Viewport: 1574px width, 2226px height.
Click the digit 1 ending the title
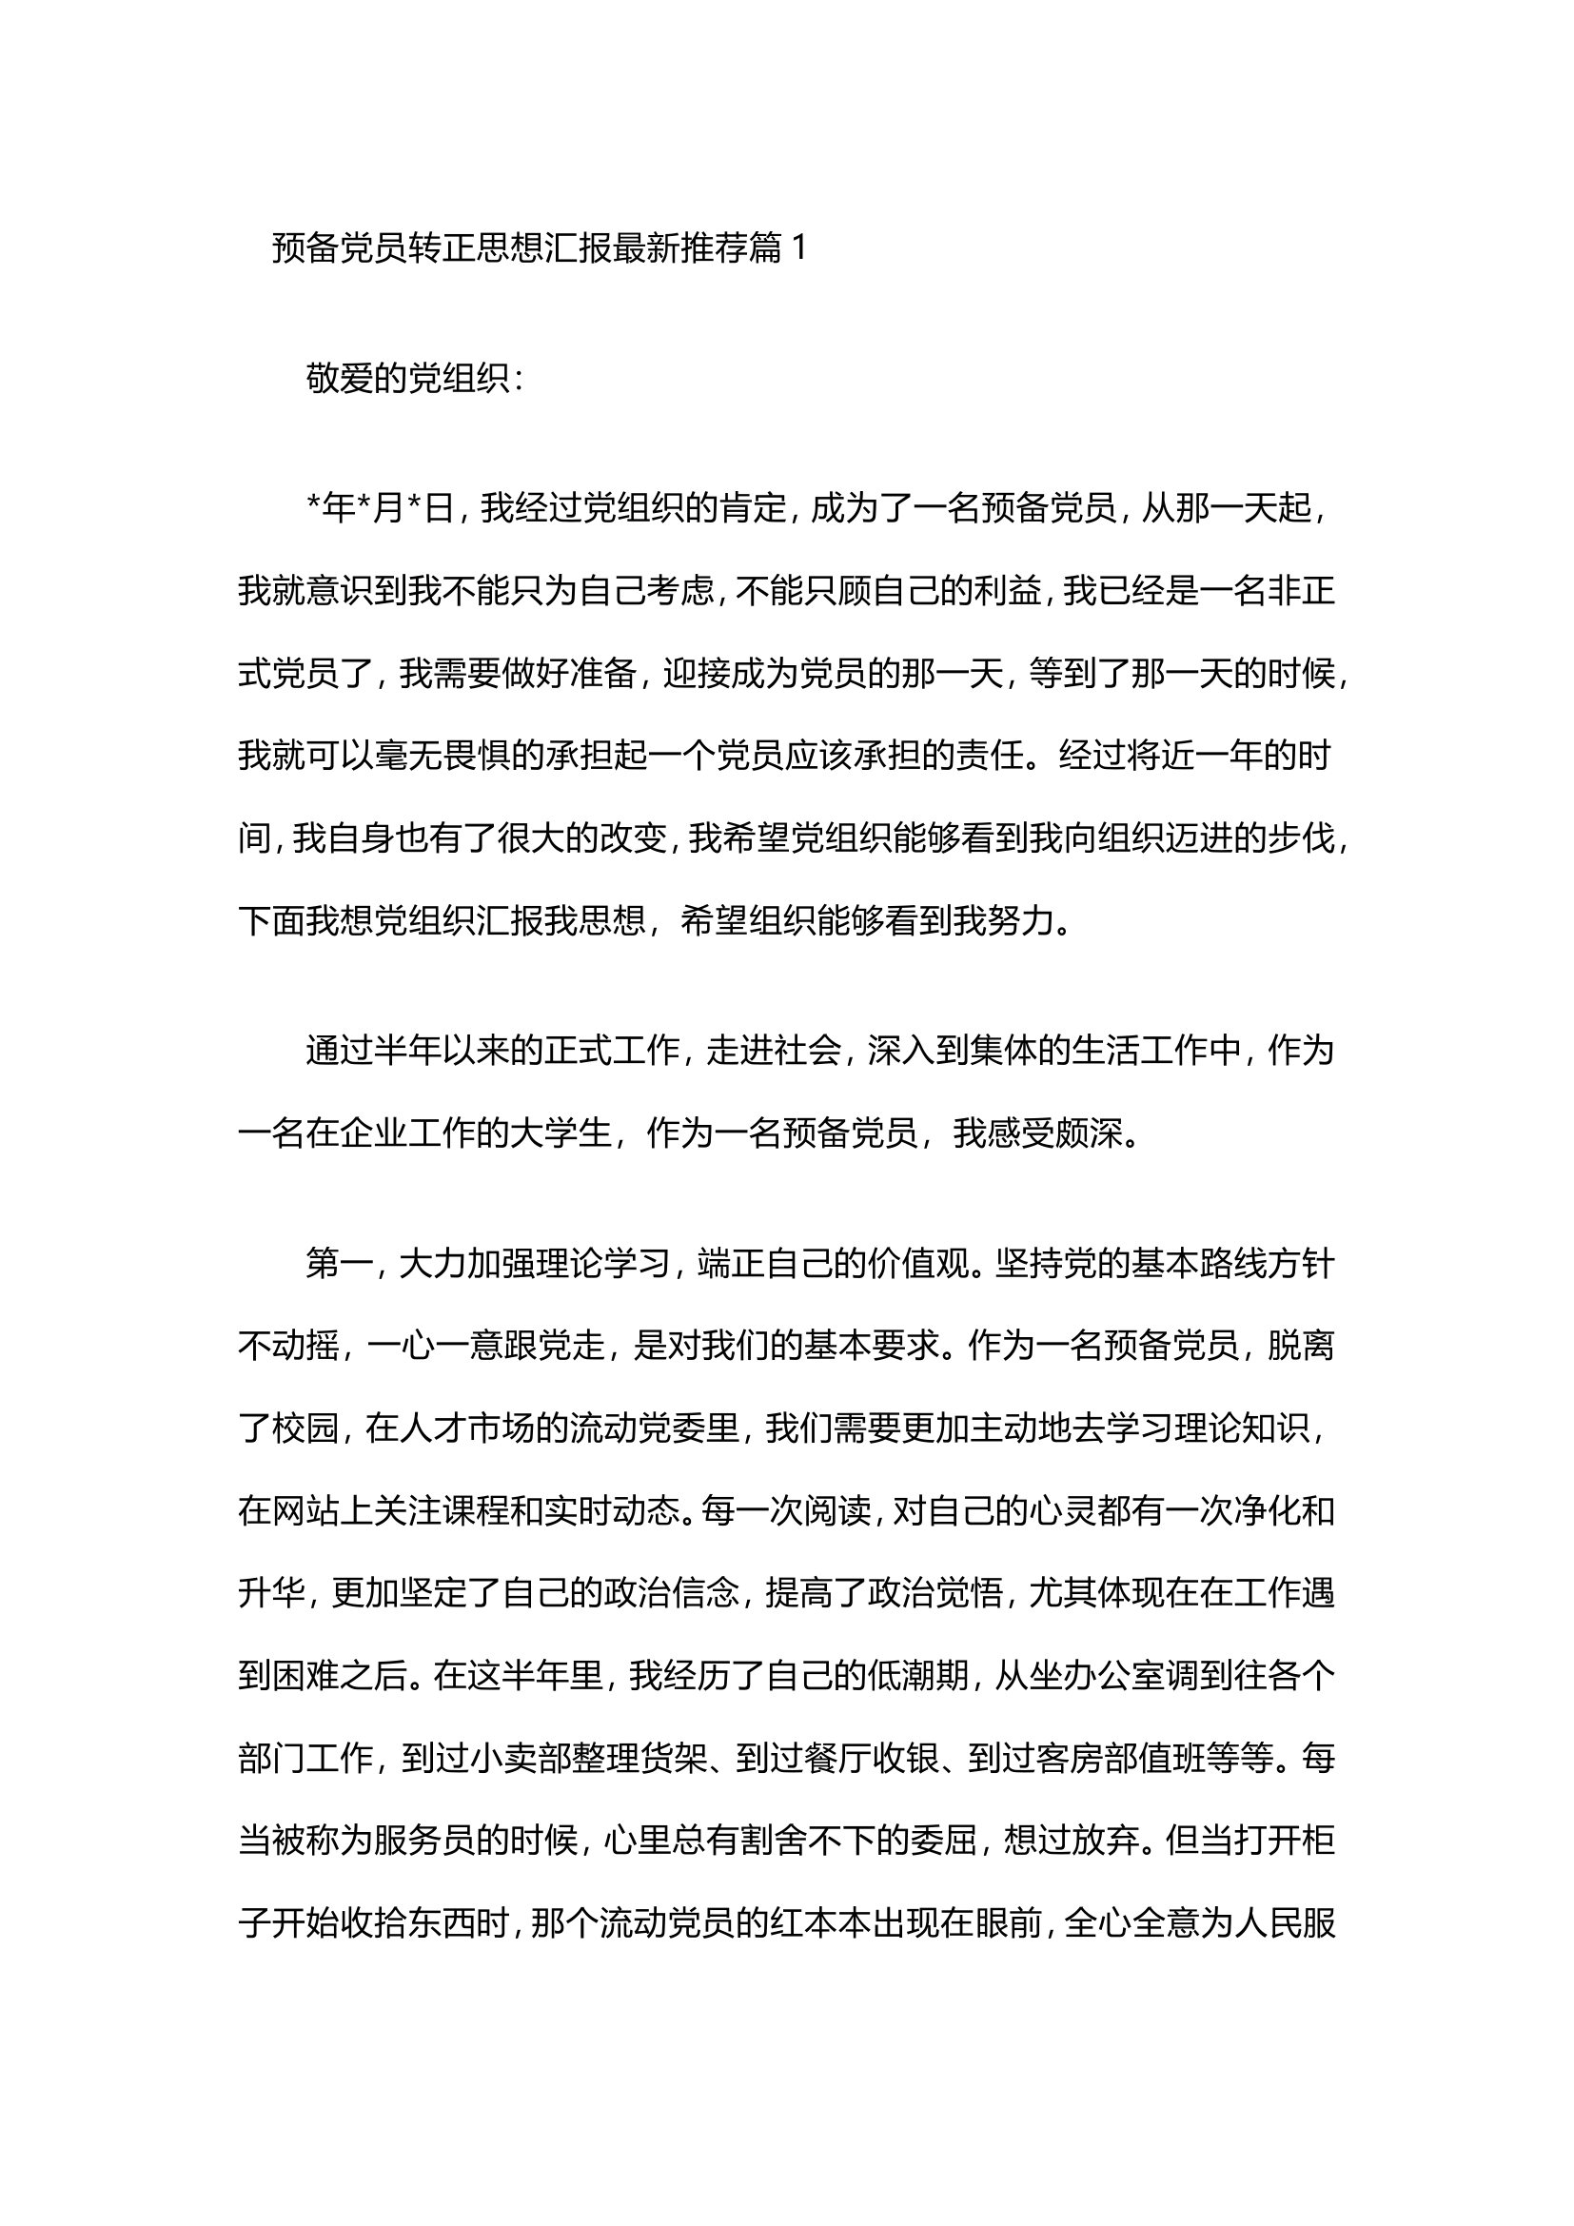798,250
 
